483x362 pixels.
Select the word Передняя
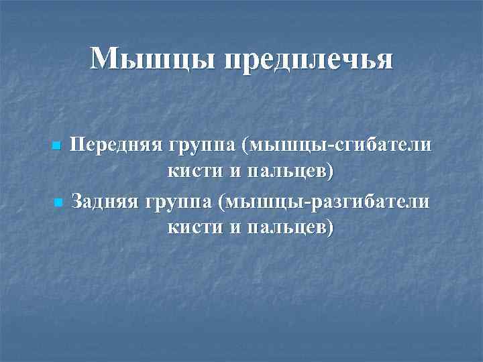click(x=116, y=145)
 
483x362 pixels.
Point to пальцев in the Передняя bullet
click(x=290, y=172)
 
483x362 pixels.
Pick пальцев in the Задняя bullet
click(x=290, y=228)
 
